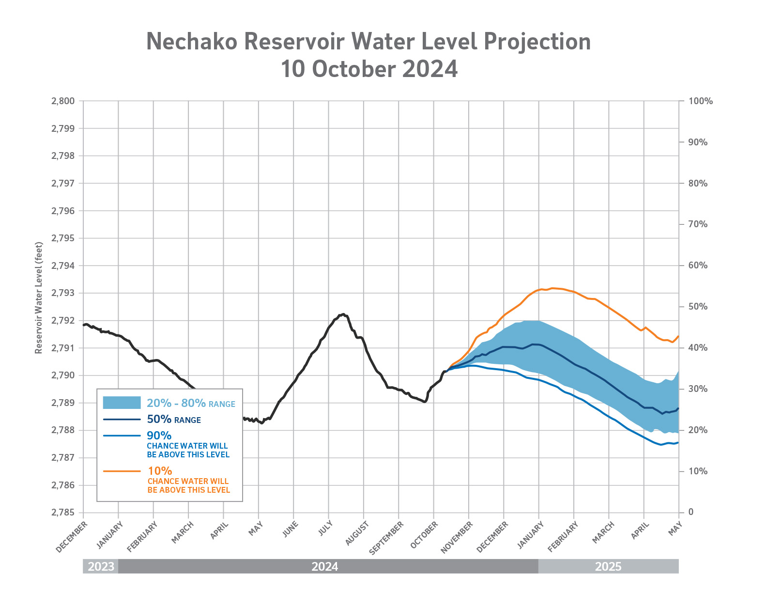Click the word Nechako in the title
[192, 42]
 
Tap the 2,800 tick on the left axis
[63, 101]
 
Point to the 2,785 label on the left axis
[63, 513]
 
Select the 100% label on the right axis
[701, 101]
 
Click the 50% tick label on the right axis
[697, 307]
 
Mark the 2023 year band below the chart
[101, 566]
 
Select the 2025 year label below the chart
[608, 566]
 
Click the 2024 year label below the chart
[324, 566]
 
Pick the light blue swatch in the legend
[122, 403]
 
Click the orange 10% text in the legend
[160, 471]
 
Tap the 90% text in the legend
[159, 436]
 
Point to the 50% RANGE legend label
[174, 420]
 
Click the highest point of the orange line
[552, 288]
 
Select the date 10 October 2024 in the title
[369, 69]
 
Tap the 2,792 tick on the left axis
[63, 321]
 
